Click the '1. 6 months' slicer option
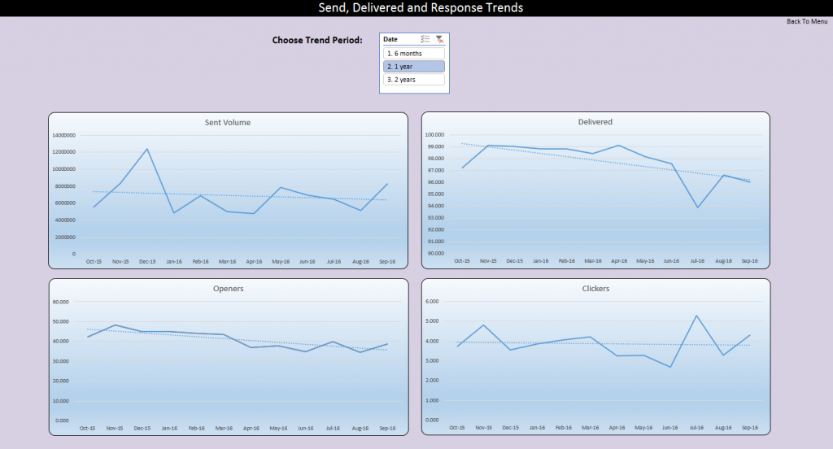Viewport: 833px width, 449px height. click(414, 54)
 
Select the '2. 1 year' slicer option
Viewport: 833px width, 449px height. click(414, 67)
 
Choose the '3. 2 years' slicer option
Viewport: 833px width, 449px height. click(414, 80)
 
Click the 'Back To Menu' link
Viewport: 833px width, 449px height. click(807, 21)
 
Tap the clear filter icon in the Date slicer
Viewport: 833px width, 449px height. click(440, 39)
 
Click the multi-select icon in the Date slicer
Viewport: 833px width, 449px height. click(425, 39)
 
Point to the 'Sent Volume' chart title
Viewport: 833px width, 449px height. click(228, 123)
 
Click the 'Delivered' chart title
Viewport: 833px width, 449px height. click(595, 122)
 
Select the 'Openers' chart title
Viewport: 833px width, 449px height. click(228, 289)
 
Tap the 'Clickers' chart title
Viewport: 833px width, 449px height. click(595, 289)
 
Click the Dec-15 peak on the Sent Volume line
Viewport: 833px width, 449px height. click(147, 149)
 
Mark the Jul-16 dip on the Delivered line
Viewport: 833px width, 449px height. click(698, 207)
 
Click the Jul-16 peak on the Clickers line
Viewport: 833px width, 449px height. click(698, 316)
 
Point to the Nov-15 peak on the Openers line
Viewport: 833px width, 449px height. click(115, 325)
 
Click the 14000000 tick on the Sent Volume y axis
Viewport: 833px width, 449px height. click(63, 135)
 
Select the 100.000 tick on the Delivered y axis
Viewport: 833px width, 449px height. click(435, 135)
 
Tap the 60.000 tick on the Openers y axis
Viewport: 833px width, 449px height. click(63, 302)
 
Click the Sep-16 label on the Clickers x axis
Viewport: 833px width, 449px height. click(750, 428)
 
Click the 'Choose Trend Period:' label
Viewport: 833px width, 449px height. click(317, 40)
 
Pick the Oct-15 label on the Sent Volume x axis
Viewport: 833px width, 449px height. click(94, 262)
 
